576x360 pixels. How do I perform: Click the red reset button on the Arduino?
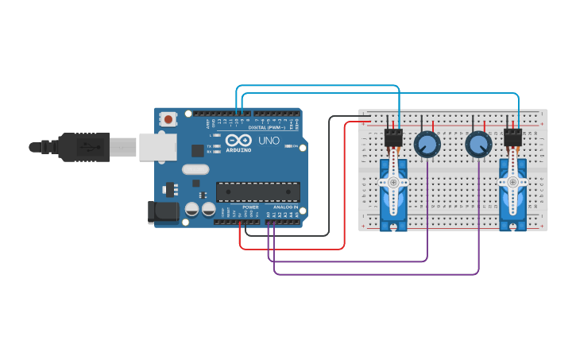[x=168, y=119]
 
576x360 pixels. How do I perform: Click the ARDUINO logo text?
[x=239, y=149]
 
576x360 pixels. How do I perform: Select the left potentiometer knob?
[x=427, y=145]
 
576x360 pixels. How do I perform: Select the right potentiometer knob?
[x=478, y=145]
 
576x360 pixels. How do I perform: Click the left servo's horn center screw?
[x=393, y=181]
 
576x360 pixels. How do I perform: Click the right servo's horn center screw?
[x=512, y=182]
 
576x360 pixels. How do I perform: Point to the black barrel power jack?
[x=162, y=211]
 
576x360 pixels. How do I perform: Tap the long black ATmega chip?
[x=257, y=191]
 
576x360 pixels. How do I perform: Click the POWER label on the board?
[x=250, y=207]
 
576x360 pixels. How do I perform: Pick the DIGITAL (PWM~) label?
[x=269, y=127]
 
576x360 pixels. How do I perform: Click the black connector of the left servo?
[x=393, y=138]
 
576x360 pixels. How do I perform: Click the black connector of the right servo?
[x=512, y=138]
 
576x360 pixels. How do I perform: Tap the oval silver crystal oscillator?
[x=195, y=168]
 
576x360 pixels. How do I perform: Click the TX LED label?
[x=209, y=146]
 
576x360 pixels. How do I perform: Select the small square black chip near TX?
[x=197, y=149]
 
